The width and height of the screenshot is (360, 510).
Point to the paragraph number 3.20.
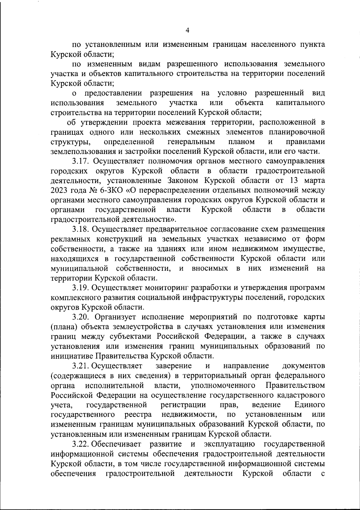pyautogui.click(x=82, y=317)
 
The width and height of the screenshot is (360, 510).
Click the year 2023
pyautogui.click(x=59, y=190)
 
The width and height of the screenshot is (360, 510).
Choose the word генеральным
pyautogui.click(x=191, y=142)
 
